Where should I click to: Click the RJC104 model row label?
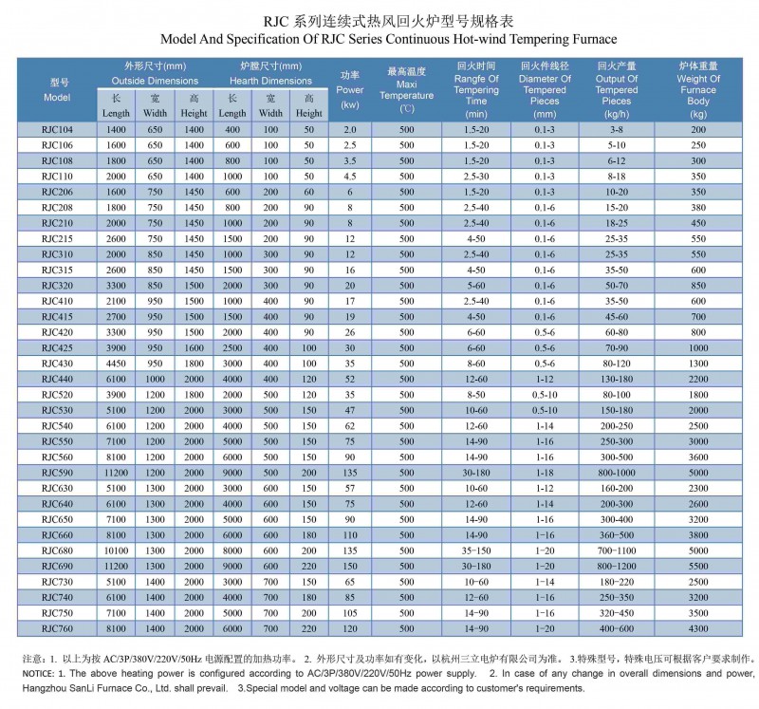57,130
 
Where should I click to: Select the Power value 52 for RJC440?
350,380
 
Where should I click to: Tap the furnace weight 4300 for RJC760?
698,628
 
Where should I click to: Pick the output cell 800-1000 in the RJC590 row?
616,473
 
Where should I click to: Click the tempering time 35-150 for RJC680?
476,550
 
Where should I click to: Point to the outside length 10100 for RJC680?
116,550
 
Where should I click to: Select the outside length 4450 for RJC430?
116,364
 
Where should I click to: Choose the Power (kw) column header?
350,90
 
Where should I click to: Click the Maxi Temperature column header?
407,90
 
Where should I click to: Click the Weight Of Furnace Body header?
698,90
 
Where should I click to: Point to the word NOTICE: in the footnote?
38,674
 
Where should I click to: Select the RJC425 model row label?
57,348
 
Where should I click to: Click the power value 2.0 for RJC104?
350,130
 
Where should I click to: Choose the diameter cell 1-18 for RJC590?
545,473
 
